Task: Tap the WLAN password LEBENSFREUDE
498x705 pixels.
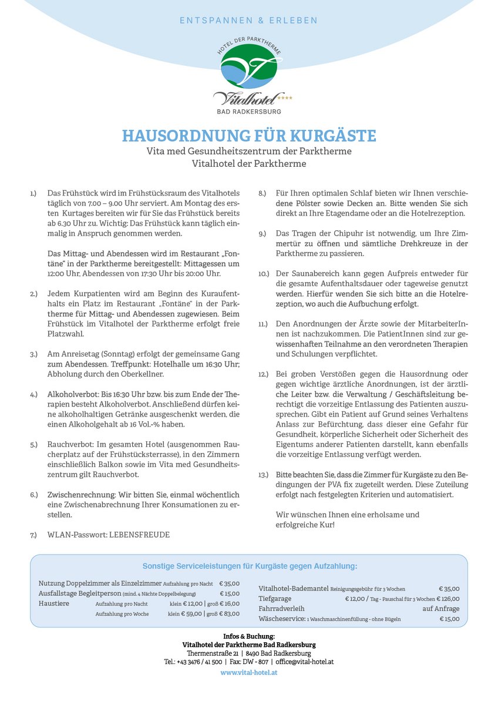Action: click(140, 535)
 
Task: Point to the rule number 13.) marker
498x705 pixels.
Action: click(263, 474)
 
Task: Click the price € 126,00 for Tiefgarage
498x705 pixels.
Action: click(448, 599)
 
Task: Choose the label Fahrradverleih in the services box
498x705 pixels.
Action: click(282, 609)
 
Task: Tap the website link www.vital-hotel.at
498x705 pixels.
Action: click(249, 673)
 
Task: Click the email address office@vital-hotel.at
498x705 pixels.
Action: click(305, 662)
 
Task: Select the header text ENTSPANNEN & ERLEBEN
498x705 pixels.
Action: click(248, 21)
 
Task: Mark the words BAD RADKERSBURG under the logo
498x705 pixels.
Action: click(249, 111)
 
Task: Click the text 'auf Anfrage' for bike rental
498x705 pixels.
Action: click(441, 609)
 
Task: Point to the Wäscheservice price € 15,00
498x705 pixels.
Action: click(449, 619)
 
